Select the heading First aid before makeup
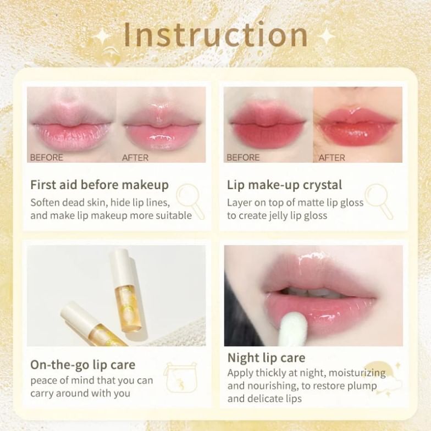point(100,185)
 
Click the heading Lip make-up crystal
point(284,185)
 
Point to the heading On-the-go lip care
point(82,364)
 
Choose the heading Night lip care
point(266,358)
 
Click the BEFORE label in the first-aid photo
point(47,158)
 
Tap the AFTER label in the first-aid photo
point(135,158)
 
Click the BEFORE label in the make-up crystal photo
point(243,158)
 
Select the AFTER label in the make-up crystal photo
point(332,158)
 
